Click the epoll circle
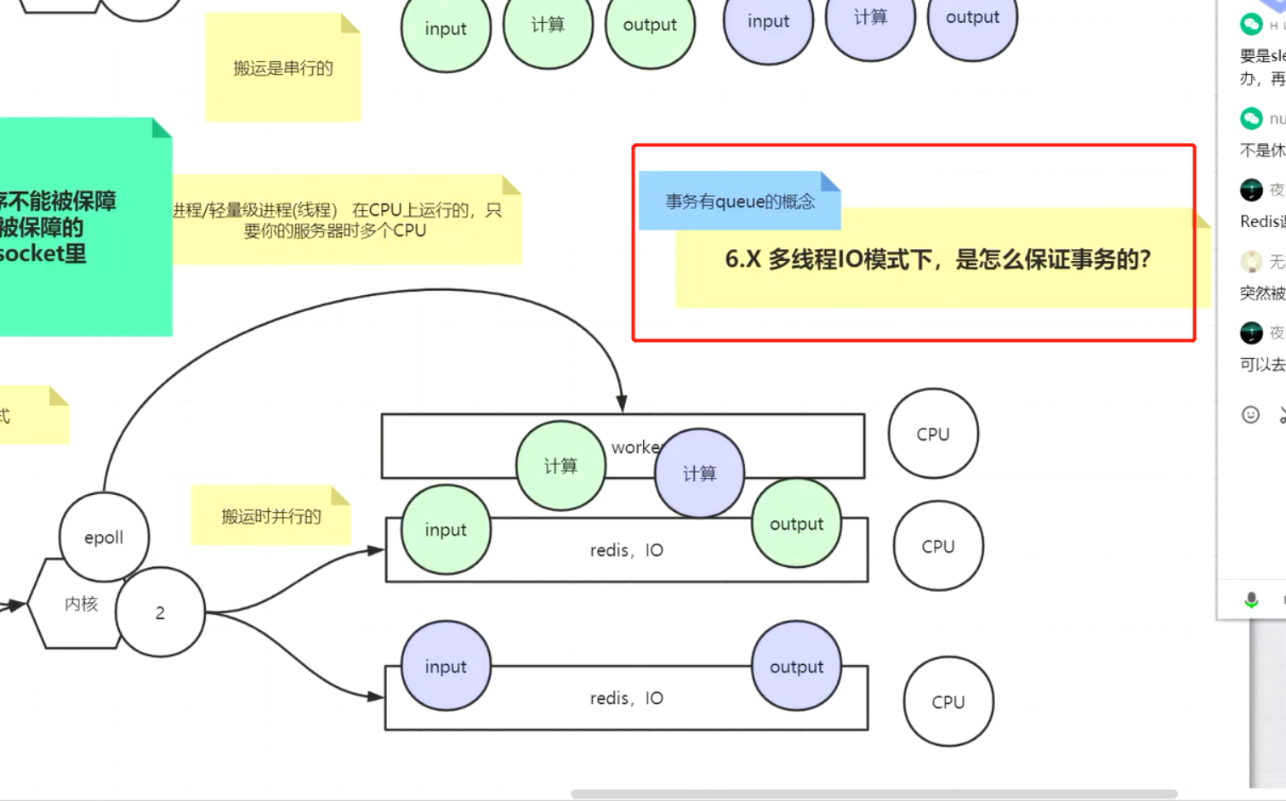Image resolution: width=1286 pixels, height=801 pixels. [x=104, y=537]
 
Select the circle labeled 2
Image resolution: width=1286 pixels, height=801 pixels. [x=160, y=612]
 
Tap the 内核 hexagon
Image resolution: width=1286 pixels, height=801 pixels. [x=77, y=604]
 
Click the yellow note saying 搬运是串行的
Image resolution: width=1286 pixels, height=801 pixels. [x=282, y=69]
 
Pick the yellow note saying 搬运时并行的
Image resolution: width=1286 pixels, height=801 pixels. [x=270, y=516]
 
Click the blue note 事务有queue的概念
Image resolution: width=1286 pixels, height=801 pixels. [x=739, y=202]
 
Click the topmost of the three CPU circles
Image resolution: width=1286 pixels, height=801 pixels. [x=933, y=434]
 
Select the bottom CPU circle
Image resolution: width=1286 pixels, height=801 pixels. [x=947, y=702]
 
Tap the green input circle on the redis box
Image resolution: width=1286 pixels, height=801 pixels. [x=446, y=530]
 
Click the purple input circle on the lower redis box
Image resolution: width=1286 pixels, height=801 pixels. [x=446, y=667]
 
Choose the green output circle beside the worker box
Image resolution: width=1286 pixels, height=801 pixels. [x=796, y=524]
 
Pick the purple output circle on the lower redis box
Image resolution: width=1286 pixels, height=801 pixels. [x=796, y=667]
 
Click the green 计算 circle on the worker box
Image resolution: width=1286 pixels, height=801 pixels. [x=560, y=466]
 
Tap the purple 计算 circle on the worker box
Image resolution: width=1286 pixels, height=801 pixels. [x=699, y=474]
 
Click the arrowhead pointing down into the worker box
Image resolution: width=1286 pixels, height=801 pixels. [x=622, y=403]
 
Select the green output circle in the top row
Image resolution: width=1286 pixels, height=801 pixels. [x=650, y=26]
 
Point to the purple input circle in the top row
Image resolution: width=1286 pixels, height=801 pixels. [x=768, y=22]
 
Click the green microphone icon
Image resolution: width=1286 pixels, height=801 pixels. [x=1251, y=600]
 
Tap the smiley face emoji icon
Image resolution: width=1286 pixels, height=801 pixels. [x=1250, y=414]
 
